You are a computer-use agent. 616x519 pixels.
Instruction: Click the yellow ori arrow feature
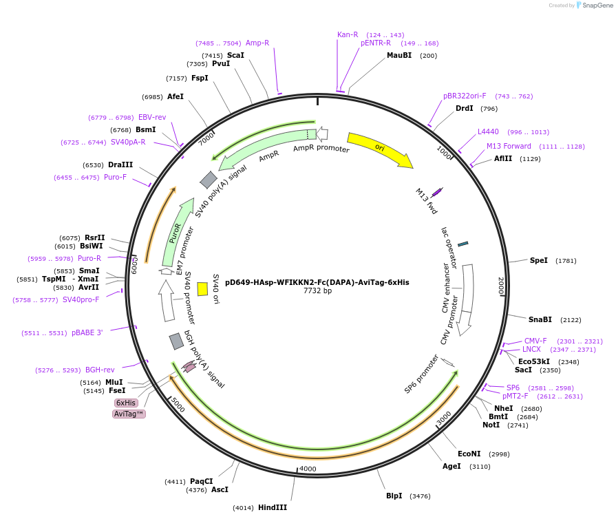(379, 149)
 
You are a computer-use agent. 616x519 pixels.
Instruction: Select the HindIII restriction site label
(273, 507)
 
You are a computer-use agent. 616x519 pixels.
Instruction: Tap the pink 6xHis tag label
(126, 403)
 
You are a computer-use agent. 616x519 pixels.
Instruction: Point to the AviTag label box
(129, 414)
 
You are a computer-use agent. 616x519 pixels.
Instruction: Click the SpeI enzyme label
(539, 260)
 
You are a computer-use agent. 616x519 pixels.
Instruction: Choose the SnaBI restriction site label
(540, 319)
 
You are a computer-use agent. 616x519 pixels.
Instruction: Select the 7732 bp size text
(317, 291)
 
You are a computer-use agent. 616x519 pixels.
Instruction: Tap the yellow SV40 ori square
(202, 289)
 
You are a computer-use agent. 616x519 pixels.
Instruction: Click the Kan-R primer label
(348, 34)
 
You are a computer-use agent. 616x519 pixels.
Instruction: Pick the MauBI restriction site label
(399, 56)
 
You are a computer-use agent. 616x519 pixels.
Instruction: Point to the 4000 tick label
(307, 469)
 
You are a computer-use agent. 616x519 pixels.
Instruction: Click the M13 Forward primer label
(509, 146)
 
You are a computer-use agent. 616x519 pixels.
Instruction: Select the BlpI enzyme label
(394, 496)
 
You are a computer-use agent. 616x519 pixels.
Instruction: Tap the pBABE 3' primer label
(87, 332)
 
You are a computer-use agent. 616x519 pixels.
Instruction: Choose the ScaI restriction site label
(235, 55)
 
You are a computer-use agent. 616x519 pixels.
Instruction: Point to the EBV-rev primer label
(152, 117)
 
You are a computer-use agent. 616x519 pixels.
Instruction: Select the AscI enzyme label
(220, 490)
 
